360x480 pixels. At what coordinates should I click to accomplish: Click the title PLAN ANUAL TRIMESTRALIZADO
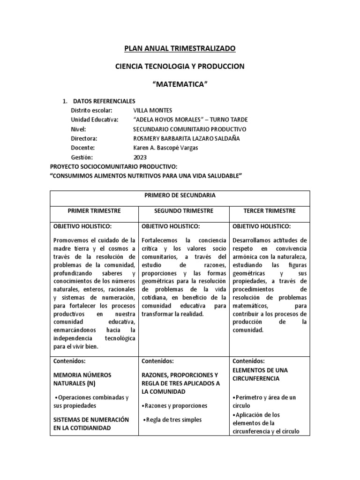pos(180,48)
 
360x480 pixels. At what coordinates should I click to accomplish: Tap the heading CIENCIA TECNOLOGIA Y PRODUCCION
pos(180,67)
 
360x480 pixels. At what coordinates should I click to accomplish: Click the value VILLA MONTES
pos(153,110)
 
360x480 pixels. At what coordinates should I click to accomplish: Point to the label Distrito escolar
pos(91,110)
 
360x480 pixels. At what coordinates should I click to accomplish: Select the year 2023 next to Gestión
pos(140,157)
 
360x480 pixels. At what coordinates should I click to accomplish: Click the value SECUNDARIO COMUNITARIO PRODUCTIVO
pos(189,129)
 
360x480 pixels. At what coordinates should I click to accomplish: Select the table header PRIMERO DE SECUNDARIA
pos(180,196)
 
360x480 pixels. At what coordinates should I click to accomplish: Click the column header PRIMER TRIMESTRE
pos(94,211)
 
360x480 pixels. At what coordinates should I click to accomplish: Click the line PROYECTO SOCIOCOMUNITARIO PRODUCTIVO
pos(114,167)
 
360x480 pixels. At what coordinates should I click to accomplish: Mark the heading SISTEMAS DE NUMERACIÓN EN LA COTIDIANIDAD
pos(91,424)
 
